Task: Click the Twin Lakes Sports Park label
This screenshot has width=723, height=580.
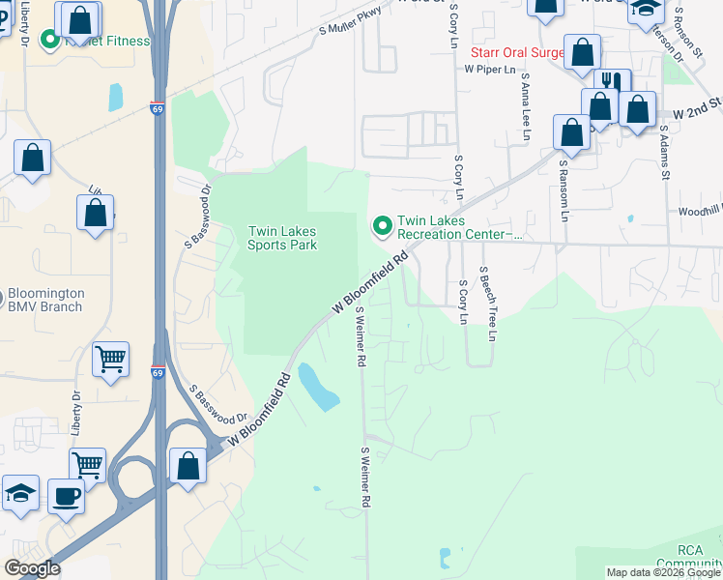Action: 282,238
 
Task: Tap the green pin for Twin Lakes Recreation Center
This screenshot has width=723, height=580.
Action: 382,226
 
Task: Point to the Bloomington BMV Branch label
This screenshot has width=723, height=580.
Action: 46,300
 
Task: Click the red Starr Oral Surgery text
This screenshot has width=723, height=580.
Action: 516,52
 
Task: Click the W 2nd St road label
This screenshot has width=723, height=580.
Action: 697,106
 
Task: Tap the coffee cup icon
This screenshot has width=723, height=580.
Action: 67,496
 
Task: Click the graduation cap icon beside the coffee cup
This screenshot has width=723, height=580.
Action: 20,493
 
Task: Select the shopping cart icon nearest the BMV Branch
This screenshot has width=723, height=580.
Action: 110,359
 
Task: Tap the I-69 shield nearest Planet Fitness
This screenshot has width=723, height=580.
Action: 157,105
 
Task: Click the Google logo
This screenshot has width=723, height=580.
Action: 33,568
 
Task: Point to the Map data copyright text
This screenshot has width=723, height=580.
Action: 663,572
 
